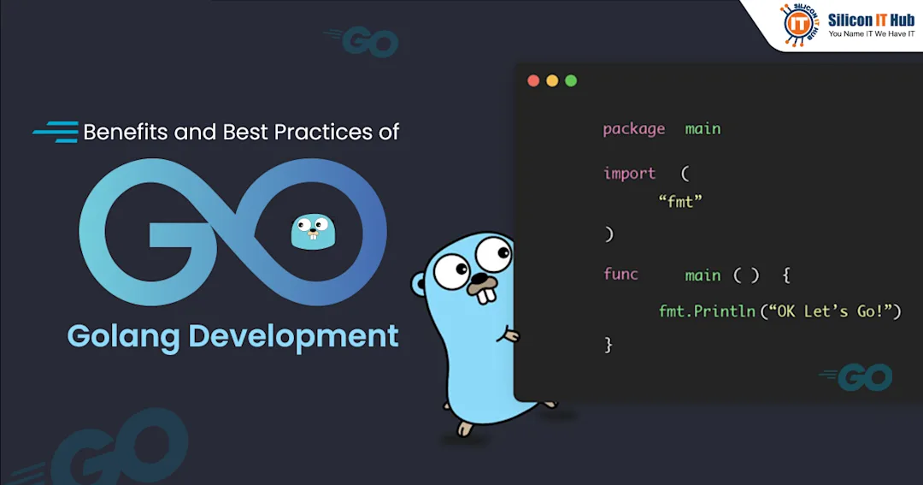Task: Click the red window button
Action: point(533,80)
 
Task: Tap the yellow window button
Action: point(552,80)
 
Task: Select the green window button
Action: point(571,80)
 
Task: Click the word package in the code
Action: point(633,130)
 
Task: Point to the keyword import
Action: point(629,174)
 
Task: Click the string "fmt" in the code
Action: point(680,202)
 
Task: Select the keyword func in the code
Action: point(620,274)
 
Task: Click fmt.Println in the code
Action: point(707,311)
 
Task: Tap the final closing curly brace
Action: point(608,345)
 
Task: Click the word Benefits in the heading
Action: point(126,132)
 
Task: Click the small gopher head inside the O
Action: point(313,232)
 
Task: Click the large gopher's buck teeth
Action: point(486,294)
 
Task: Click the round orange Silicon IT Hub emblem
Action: point(798,25)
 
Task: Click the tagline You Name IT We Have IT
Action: point(872,34)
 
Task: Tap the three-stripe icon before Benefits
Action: point(56,132)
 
